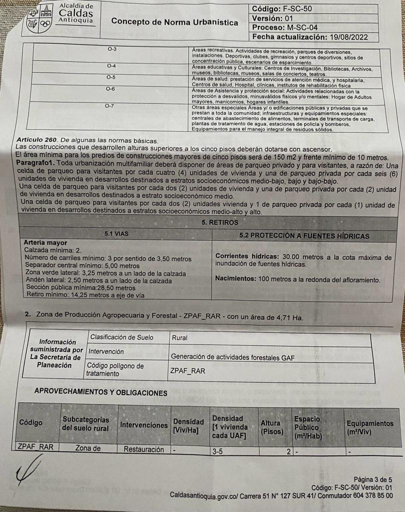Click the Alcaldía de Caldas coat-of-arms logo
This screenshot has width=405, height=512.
(40, 19)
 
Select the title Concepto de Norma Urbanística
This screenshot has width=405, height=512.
(174, 22)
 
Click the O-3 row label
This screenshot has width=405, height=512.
(112, 49)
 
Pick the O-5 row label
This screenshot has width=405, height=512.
(111, 77)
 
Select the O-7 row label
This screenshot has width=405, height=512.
(109, 106)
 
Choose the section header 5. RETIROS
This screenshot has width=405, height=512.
(220, 222)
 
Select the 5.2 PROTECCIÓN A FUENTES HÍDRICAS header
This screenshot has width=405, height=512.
(304, 236)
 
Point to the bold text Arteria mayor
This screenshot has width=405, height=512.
(45, 242)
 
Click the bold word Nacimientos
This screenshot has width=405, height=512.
(236, 279)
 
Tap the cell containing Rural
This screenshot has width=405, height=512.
(180, 337)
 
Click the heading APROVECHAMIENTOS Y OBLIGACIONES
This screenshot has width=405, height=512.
(100, 393)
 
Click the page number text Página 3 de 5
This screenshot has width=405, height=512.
(373, 479)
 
